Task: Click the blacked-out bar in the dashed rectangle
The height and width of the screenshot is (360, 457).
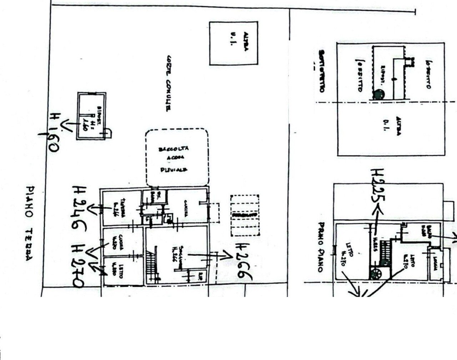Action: (245, 215)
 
